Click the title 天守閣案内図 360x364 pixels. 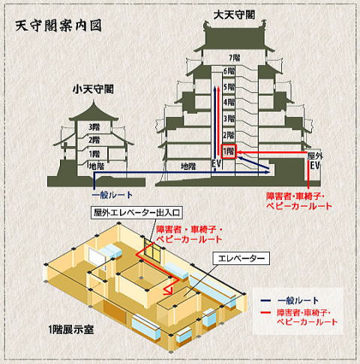pos(58,25)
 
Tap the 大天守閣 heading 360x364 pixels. pos(234,14)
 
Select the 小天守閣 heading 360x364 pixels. pos(93,89)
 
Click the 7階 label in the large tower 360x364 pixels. pos(235,58)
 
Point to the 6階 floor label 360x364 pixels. pos(229,71)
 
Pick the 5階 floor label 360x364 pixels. pos(229,87)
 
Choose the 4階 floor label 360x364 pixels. pos(229,102)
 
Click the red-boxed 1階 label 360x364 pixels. pos(229,151)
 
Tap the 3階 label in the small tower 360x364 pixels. pos(94,127)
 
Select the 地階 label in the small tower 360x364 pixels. pos(97,166)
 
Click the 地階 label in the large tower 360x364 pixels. pos(188,166)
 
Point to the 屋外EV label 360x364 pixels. pos(315,161)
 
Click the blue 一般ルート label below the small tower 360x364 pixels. pos(112,195)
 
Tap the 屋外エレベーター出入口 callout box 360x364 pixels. pos(136,213)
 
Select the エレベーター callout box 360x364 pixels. pos(241,258)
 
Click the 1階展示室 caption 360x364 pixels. pos(71,330)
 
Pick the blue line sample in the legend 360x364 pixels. pos(265,300)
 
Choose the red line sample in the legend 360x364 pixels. pos(265,312)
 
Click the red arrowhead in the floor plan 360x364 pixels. pos(168,291)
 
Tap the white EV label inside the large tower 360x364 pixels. pos(217,164)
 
